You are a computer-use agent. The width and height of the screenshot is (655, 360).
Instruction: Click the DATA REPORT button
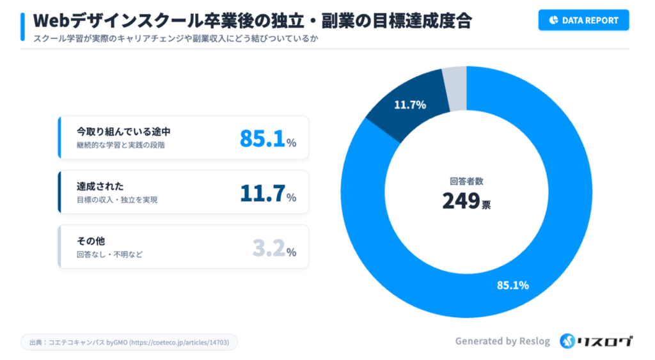583,20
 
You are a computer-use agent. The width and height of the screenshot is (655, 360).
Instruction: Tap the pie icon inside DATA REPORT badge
553,20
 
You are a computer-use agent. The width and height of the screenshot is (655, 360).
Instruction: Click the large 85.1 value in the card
262,138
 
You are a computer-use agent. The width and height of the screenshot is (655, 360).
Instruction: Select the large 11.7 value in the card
262,193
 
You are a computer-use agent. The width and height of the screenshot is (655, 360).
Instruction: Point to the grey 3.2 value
269,248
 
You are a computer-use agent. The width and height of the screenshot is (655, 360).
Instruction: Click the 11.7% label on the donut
409,105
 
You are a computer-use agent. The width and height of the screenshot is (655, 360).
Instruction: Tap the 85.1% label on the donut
513,285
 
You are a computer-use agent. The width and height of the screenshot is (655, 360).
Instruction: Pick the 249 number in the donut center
461,201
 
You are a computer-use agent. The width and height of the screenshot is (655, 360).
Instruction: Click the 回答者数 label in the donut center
466,181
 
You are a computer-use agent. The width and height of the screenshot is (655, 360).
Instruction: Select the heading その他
91,241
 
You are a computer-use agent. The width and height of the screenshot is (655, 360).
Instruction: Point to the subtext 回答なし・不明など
109,254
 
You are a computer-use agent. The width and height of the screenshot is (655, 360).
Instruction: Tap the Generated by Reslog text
502,341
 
